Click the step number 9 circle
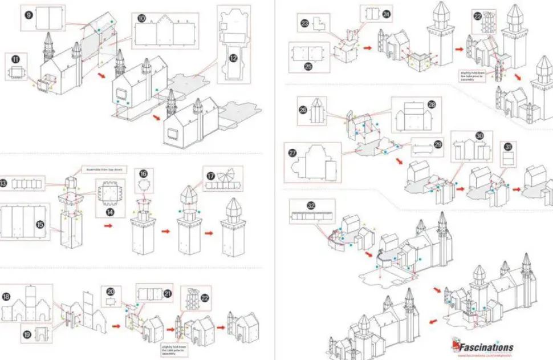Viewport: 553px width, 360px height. (x=29, y=13)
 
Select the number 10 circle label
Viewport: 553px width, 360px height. (x=141, y=18)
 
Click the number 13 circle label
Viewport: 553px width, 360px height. (x=3, y=183)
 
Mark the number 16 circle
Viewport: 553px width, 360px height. (x=143, y=173)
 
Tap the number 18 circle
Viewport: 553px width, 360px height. (x=6, y=297)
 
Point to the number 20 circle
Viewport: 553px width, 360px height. (x=111, y=292)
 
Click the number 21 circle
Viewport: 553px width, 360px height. (x=168, y=294)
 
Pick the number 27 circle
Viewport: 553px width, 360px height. (x=293, y=153)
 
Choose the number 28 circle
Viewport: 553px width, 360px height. (x=431, y=105)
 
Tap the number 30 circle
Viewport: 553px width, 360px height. (x=479, y=136)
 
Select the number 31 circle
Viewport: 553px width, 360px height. (x=508, y=146)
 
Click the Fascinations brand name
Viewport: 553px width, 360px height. (x=486, y=347)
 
